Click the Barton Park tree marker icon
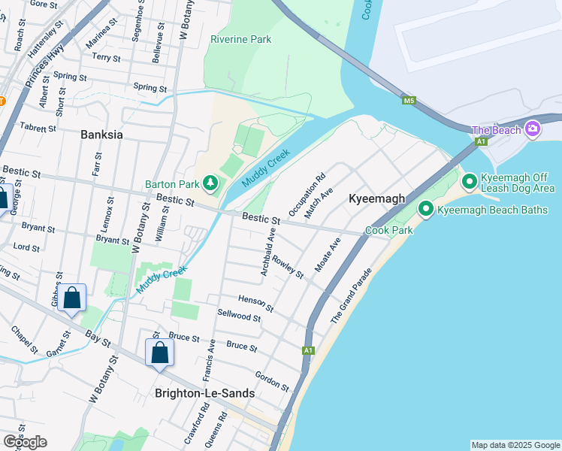(212, 183)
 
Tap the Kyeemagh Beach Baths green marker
(426, 209)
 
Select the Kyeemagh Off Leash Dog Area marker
(469, 181)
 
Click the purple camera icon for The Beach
(533, 129)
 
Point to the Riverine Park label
(240, 39)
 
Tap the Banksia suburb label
(101, 135)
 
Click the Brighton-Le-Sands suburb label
(204, 393)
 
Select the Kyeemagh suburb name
(376, 198)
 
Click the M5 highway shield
(409, 99)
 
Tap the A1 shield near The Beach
(481, 141)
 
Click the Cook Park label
(388, 230)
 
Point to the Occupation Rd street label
(307, 195)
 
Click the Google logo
(25, 442)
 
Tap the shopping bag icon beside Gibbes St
(71, 298)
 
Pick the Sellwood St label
(239, 317)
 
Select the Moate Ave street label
(328, 256)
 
